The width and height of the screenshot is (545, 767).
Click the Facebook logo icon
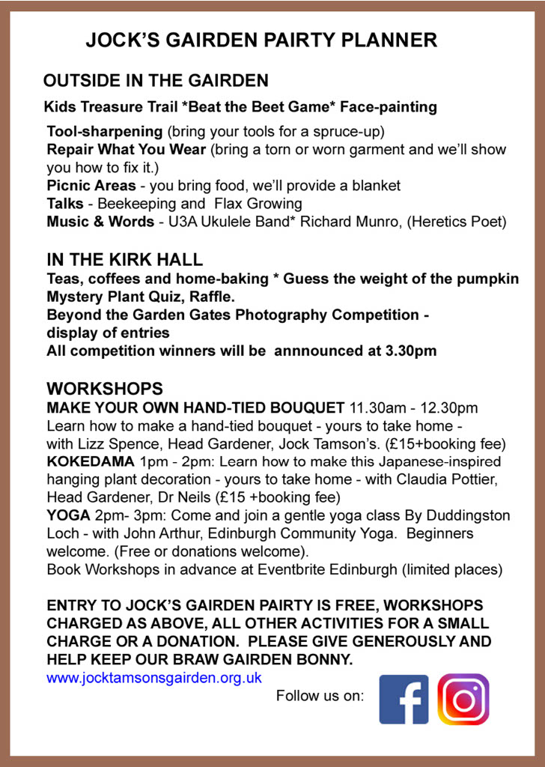(404, 699)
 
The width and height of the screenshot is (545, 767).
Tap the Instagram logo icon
(463, 699)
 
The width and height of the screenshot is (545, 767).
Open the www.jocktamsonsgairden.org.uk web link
(154, 678)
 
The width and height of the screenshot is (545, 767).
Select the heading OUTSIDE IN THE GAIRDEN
(156, 80)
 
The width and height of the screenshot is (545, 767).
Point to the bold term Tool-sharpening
(105, 131)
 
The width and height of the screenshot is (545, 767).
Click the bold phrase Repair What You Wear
(127, 149)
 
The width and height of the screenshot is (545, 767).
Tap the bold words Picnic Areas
(91, 185)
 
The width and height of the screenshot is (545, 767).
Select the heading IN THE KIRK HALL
(124, 260)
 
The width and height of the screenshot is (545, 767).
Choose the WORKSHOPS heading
(105, 389)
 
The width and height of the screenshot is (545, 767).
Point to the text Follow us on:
(320, 696)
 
